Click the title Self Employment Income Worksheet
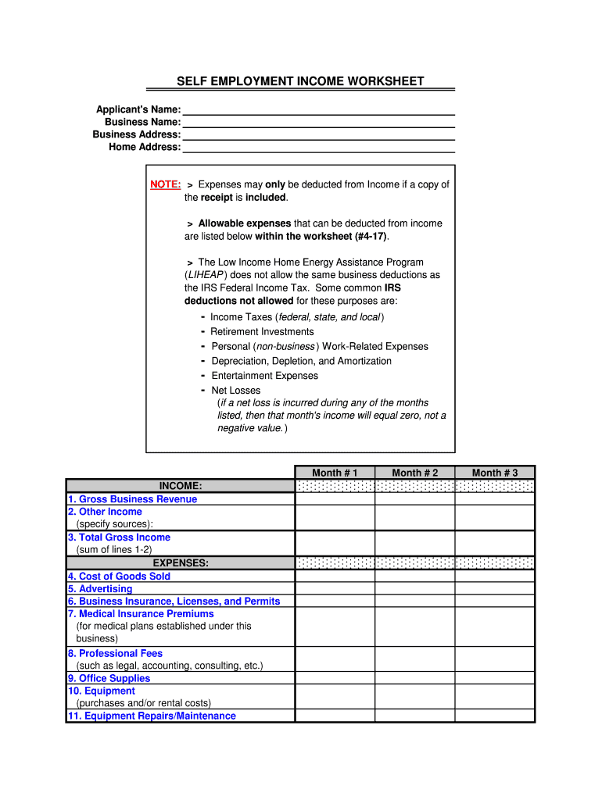pyautogui.click(x=300, y=81)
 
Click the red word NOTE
pyautogui.click(x=166, y=184)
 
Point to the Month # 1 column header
pyautogui.click(x=335, y=473)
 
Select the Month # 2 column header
pyautogui.click(x=415, y=473)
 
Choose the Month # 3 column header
pyautogui.click(x=495, y=473)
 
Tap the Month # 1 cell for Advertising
pyautogui.click(x=335, y=588)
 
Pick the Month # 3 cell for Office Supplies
pyautogui.click(x=495, y=678)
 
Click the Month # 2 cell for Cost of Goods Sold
pyautogui.click(x=415, y=576)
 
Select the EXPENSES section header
pyautogui.click(x=181, y=562)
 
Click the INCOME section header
pyautogui.click(x=181, y=486)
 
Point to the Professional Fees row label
pyautogui.click(x=115, y=653)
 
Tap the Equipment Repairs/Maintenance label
pyautogui.click(x=152, y=716)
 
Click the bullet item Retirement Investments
pyautogui.click(x=262, y=331)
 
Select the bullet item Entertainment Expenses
pyautogui.click(x=264, y=376)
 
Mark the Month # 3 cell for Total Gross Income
pyautogui.click(x=495, y=543)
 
